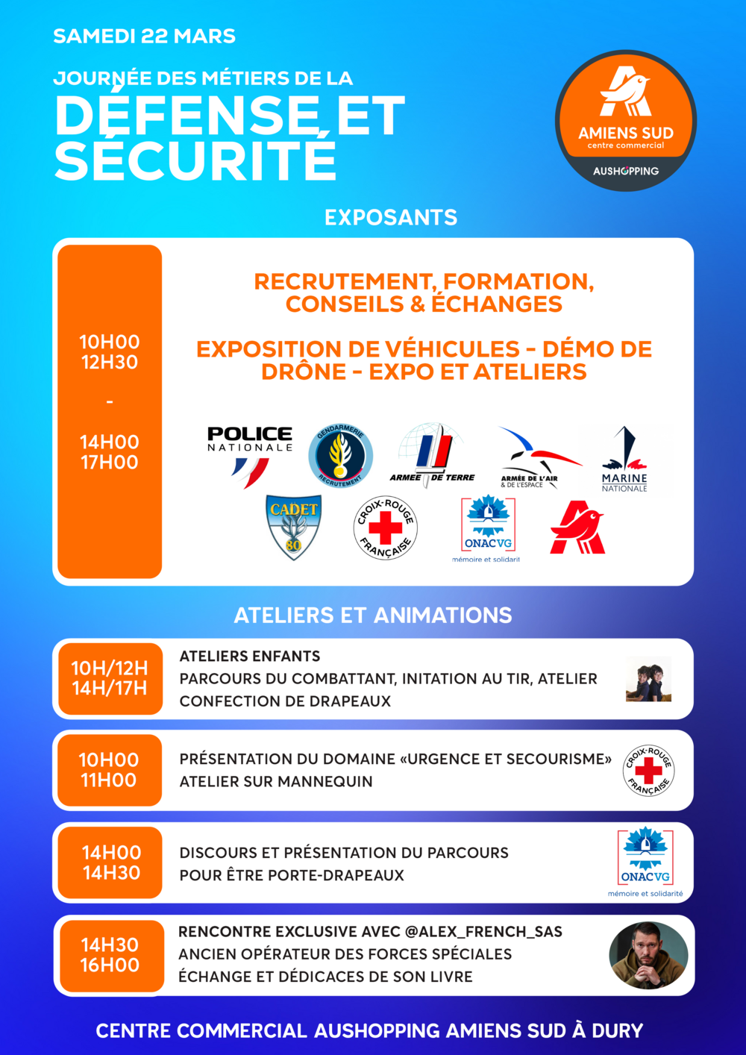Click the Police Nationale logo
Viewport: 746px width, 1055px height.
249,455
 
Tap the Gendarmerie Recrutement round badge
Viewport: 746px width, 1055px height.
340,456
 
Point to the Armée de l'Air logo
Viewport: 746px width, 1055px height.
535,457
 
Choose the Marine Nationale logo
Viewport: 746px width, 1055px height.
624,459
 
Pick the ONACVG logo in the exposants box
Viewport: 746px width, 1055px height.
488,527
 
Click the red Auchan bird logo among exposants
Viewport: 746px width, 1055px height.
577,527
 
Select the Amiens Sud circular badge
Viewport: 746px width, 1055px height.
626,121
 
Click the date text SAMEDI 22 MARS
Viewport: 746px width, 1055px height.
144,36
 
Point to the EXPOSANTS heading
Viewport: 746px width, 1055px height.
391,217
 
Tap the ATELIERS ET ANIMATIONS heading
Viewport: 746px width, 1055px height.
373,615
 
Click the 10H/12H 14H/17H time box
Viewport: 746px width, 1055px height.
110,678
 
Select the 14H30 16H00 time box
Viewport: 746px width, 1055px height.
110,955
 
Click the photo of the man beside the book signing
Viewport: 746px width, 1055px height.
648,955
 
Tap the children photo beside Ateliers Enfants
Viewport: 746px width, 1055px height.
648,679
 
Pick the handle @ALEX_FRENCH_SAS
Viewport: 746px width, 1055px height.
483,932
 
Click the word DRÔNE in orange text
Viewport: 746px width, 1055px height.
304,372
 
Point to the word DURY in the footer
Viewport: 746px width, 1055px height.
617,1030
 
